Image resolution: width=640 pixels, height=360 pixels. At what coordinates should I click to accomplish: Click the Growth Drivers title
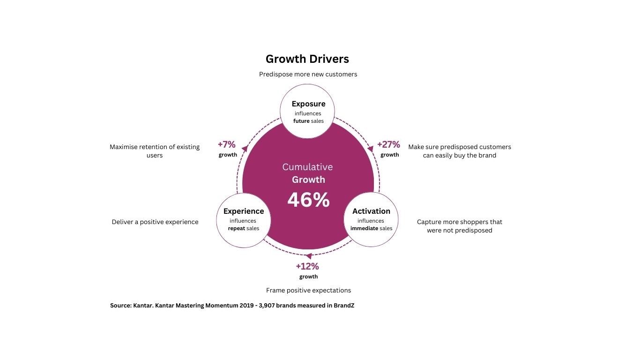point(307,59)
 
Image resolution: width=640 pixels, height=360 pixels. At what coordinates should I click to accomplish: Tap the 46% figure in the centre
point(308,200)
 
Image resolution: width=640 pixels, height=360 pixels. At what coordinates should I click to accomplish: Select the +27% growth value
point(388,144)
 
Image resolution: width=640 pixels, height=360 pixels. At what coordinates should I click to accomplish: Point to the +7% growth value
point(227,144)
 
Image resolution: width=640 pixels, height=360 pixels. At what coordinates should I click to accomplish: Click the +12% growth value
point(307,266)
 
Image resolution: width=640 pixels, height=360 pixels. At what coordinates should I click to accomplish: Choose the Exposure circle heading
point(308,104)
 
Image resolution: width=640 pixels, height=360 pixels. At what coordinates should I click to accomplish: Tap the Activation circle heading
point(371,211)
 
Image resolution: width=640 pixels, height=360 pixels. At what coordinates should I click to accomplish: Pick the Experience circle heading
point(244,211)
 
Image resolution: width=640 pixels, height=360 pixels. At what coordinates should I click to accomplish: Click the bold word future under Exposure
point(301,121)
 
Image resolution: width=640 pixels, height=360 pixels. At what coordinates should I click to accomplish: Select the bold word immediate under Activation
point(364,228)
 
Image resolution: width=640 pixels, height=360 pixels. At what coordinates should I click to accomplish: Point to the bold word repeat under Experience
point(237,228)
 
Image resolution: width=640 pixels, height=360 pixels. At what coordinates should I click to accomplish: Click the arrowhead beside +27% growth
point(370,149)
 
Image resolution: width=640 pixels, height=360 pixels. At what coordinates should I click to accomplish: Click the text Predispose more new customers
point(308,74)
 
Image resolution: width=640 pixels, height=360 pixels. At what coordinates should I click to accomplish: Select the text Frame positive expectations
point(308,290)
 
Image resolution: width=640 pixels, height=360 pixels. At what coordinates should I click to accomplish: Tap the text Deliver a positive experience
point(155,222)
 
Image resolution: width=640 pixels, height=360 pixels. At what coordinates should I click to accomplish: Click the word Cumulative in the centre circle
point(307,167)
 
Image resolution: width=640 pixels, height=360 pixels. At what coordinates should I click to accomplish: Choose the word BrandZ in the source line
point(344,306)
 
